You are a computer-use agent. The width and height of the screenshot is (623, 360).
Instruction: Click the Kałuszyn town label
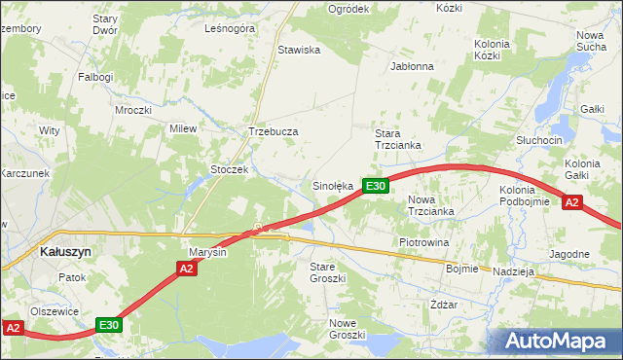pyautogui.click(x=66, y=250)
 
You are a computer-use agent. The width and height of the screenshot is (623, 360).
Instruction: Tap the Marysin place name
pyautogui.click(x=207, y=253)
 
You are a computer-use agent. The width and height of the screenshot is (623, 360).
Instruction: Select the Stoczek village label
pyautogui.click(x=231, y=169)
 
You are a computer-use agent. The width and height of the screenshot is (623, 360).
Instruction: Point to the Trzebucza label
pyautogui.click(x=273, y=131)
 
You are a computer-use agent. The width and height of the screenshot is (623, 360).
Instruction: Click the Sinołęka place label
pyautogui.click(x=331, y=185)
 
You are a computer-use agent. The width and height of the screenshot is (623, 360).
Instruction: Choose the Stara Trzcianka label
pyautogui.click(x=398, y=138)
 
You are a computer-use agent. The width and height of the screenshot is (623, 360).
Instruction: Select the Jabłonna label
pyautogui.click(x=411, y=67)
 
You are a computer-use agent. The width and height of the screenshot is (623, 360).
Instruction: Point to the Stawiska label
pyautogui.click(x=299, y=50)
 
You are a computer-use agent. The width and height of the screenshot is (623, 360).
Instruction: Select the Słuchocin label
pyautogui.click(x=540, y=140)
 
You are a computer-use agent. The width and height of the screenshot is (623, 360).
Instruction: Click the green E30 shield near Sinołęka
pyautogui.click(x=377, y=186)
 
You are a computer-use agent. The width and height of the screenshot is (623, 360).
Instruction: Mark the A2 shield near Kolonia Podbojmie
pyautogui.click(x=571, y=202)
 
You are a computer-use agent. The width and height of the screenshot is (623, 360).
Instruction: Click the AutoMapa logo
pyautogui.click(x=557, y=341)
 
